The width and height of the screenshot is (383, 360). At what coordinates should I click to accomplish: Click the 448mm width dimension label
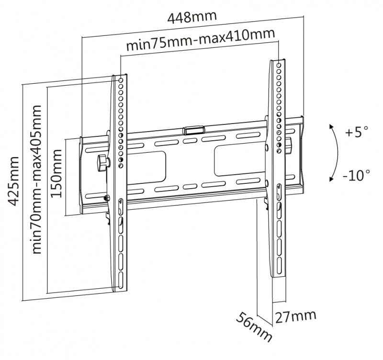(x=192, y=17)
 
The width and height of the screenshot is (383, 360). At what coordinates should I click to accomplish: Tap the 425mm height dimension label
(x=13, y=181)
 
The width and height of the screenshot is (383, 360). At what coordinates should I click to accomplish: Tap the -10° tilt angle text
(x=356, y=175)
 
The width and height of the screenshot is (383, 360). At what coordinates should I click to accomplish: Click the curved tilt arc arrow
(x=338, y=153)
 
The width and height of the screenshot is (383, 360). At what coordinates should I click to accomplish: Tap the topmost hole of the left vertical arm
(x=121, y=80)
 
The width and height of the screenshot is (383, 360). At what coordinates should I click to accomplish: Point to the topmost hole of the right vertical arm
(x=279, y=65)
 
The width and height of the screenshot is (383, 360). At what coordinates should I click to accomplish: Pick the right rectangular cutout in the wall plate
(x=239, y=160)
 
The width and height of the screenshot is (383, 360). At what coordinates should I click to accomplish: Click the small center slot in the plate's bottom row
(x=190, y=187)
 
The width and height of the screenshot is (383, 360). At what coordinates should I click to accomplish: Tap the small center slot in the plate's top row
(x=190, y=141)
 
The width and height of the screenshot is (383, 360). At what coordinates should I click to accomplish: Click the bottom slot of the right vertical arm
(x=279, y=264)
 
